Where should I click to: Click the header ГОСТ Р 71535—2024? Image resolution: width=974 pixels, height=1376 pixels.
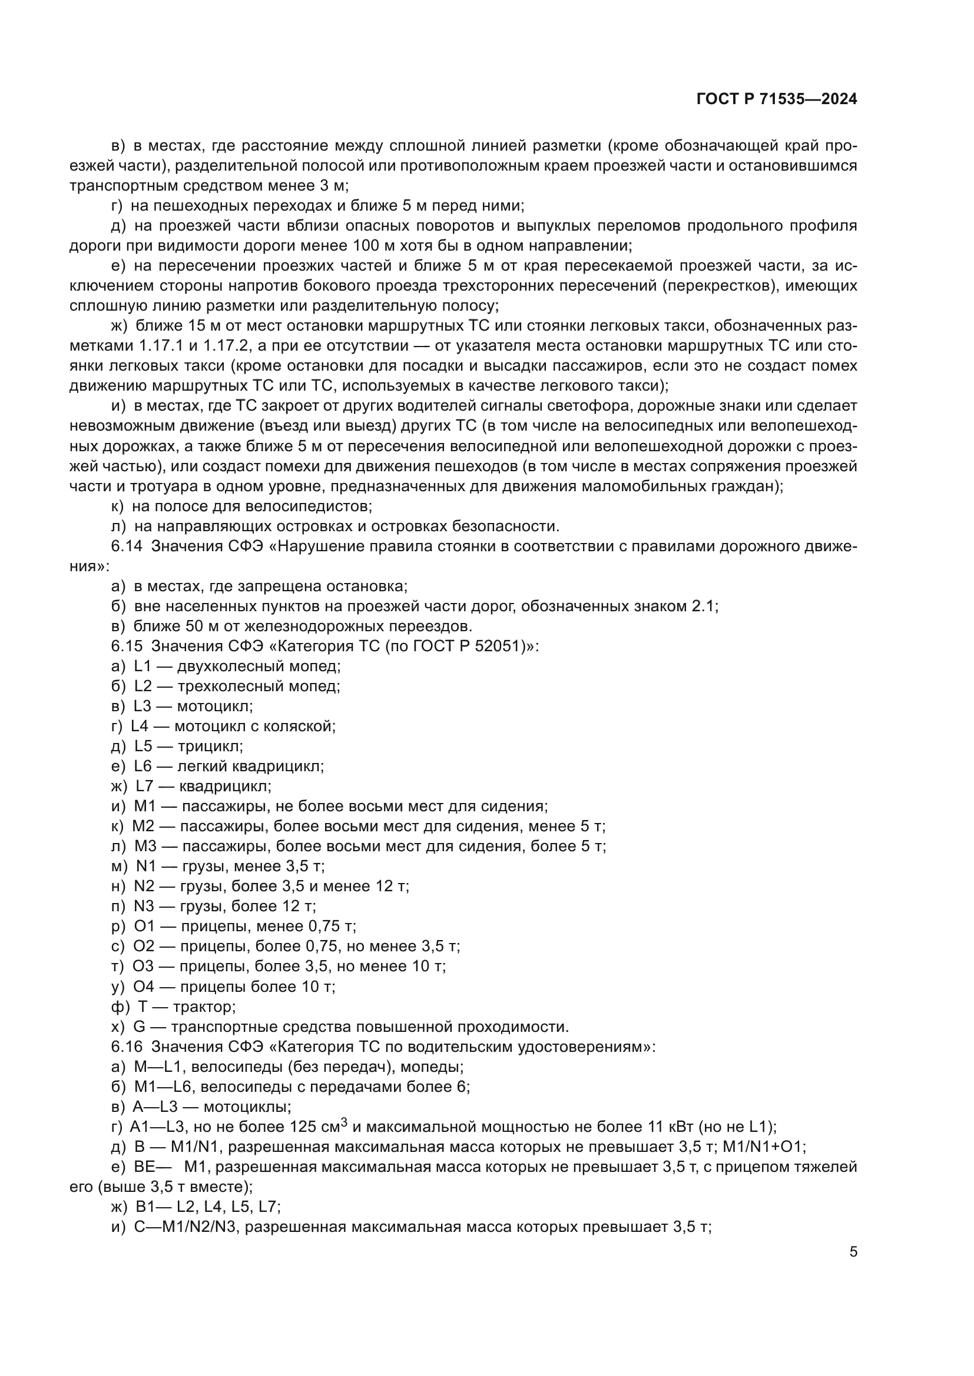[x=777, y=99]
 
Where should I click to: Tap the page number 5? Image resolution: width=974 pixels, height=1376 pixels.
[x=853, y=1252]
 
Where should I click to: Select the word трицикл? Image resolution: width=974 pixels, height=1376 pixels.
[x=210, y=747]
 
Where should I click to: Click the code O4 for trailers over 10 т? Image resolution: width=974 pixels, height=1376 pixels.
[x=144, y=987]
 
